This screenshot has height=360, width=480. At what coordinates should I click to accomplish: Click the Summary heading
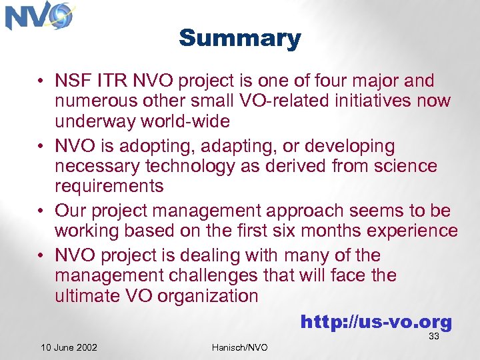click(x=239, y=38)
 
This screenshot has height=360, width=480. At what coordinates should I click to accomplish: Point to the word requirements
click(x=109, y=186)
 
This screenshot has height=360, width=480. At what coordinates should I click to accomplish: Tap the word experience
click(x=406, y=231)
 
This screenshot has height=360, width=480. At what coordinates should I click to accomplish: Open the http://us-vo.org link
click(x=376, y=323)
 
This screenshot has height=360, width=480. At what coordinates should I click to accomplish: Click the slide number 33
click(x=434, y=337)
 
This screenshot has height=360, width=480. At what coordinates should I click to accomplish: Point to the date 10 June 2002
click(x=69, y=347)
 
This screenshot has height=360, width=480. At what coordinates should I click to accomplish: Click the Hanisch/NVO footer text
click(x=239, y=347)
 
